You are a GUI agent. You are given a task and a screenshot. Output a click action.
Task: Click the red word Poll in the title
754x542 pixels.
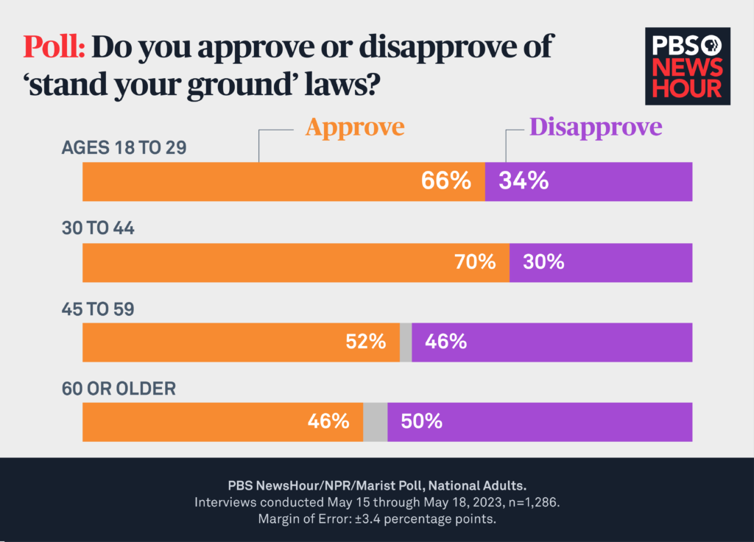(55, 48)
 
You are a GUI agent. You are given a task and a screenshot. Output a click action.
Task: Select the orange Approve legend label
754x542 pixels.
(355, 127)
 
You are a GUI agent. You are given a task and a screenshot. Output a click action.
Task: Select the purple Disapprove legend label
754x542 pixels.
(596, 127)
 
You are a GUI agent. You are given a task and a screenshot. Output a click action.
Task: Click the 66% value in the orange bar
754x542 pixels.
(445, 181)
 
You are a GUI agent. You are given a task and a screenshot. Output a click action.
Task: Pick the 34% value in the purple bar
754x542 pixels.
(524, 181)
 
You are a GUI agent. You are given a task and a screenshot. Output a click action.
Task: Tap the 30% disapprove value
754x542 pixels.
(543, 262)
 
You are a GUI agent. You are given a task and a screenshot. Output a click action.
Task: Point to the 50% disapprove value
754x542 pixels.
(421, 422)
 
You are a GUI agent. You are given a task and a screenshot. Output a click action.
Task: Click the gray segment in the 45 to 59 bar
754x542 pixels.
(406, 342)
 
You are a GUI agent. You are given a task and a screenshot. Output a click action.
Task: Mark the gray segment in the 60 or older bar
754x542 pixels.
(376, 422)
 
